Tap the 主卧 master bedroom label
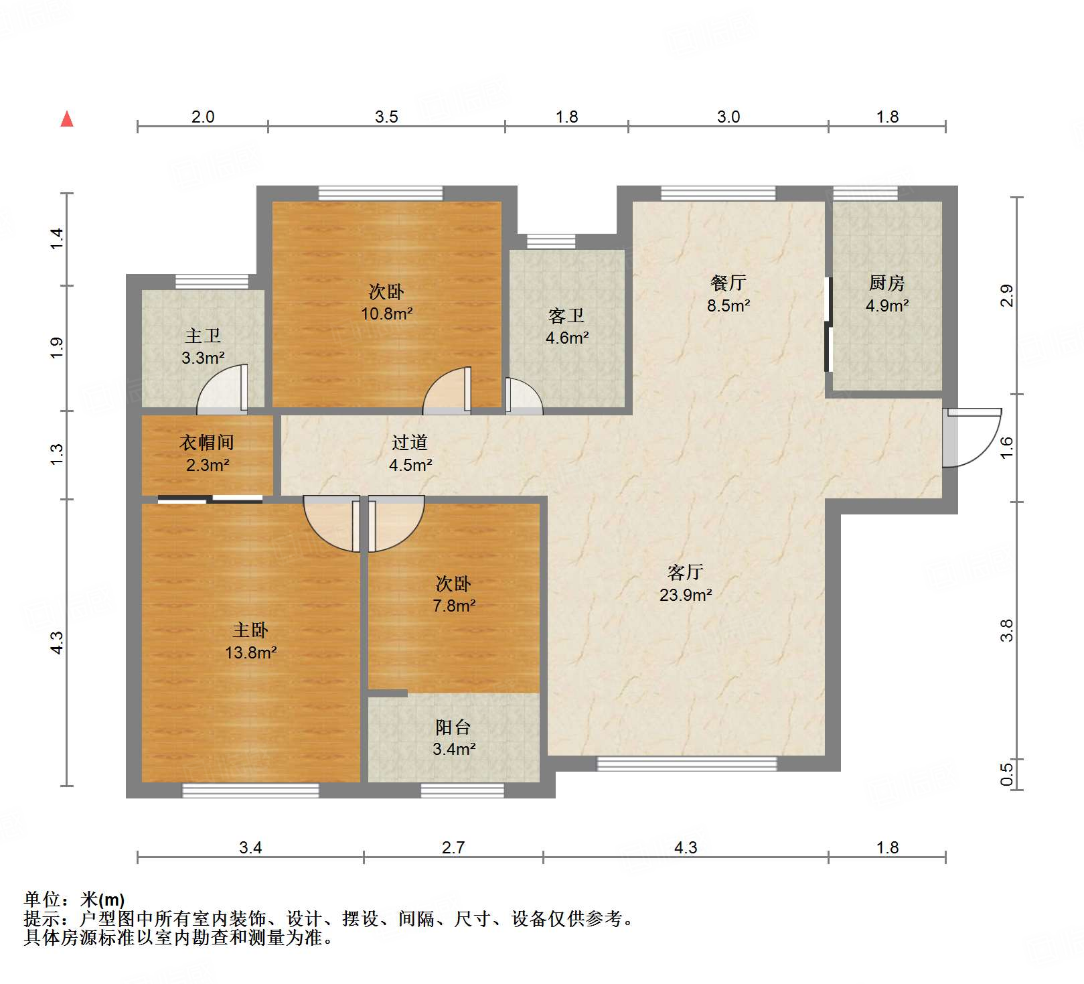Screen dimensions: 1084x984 click(250, 630)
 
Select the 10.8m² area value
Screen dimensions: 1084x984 click(387, 313)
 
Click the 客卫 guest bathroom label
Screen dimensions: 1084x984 click(566, 315)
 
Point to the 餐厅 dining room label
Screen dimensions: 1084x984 click(728, 283)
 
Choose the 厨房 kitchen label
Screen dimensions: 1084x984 click(887, 283)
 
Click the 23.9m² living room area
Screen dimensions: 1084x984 click(686, 595)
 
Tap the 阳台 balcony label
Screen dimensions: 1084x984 click(453, 727)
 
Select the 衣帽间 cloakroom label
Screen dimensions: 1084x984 click(207, 442)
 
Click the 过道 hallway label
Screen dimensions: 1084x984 click(410, 442)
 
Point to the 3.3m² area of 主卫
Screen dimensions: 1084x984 click(203, 358)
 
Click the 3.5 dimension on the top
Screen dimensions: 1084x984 click(386, 117)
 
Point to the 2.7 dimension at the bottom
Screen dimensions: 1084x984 click(453, 847)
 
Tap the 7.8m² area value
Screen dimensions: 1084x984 click(454, 606)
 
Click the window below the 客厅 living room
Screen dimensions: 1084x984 click(687, 764)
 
